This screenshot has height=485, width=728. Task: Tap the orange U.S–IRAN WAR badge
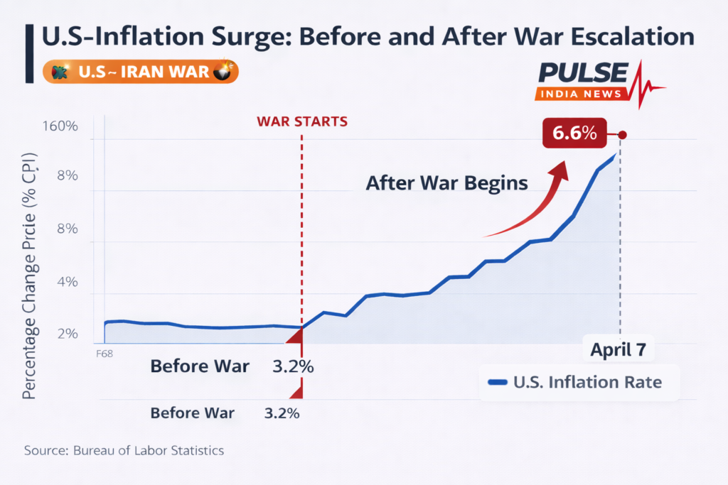point(141,72)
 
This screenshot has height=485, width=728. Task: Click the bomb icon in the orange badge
point(223,72)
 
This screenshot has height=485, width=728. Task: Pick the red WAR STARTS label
point(302,121)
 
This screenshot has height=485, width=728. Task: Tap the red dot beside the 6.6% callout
point(623,135)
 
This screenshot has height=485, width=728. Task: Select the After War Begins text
point(446,182)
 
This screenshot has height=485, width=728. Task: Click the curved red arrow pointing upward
point(533,206)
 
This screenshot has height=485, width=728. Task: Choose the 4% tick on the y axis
point(67,282)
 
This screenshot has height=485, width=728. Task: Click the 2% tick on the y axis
point(67,334)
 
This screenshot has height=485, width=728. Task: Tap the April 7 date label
point(619,350)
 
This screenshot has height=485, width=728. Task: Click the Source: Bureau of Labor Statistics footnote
point(124,450)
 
